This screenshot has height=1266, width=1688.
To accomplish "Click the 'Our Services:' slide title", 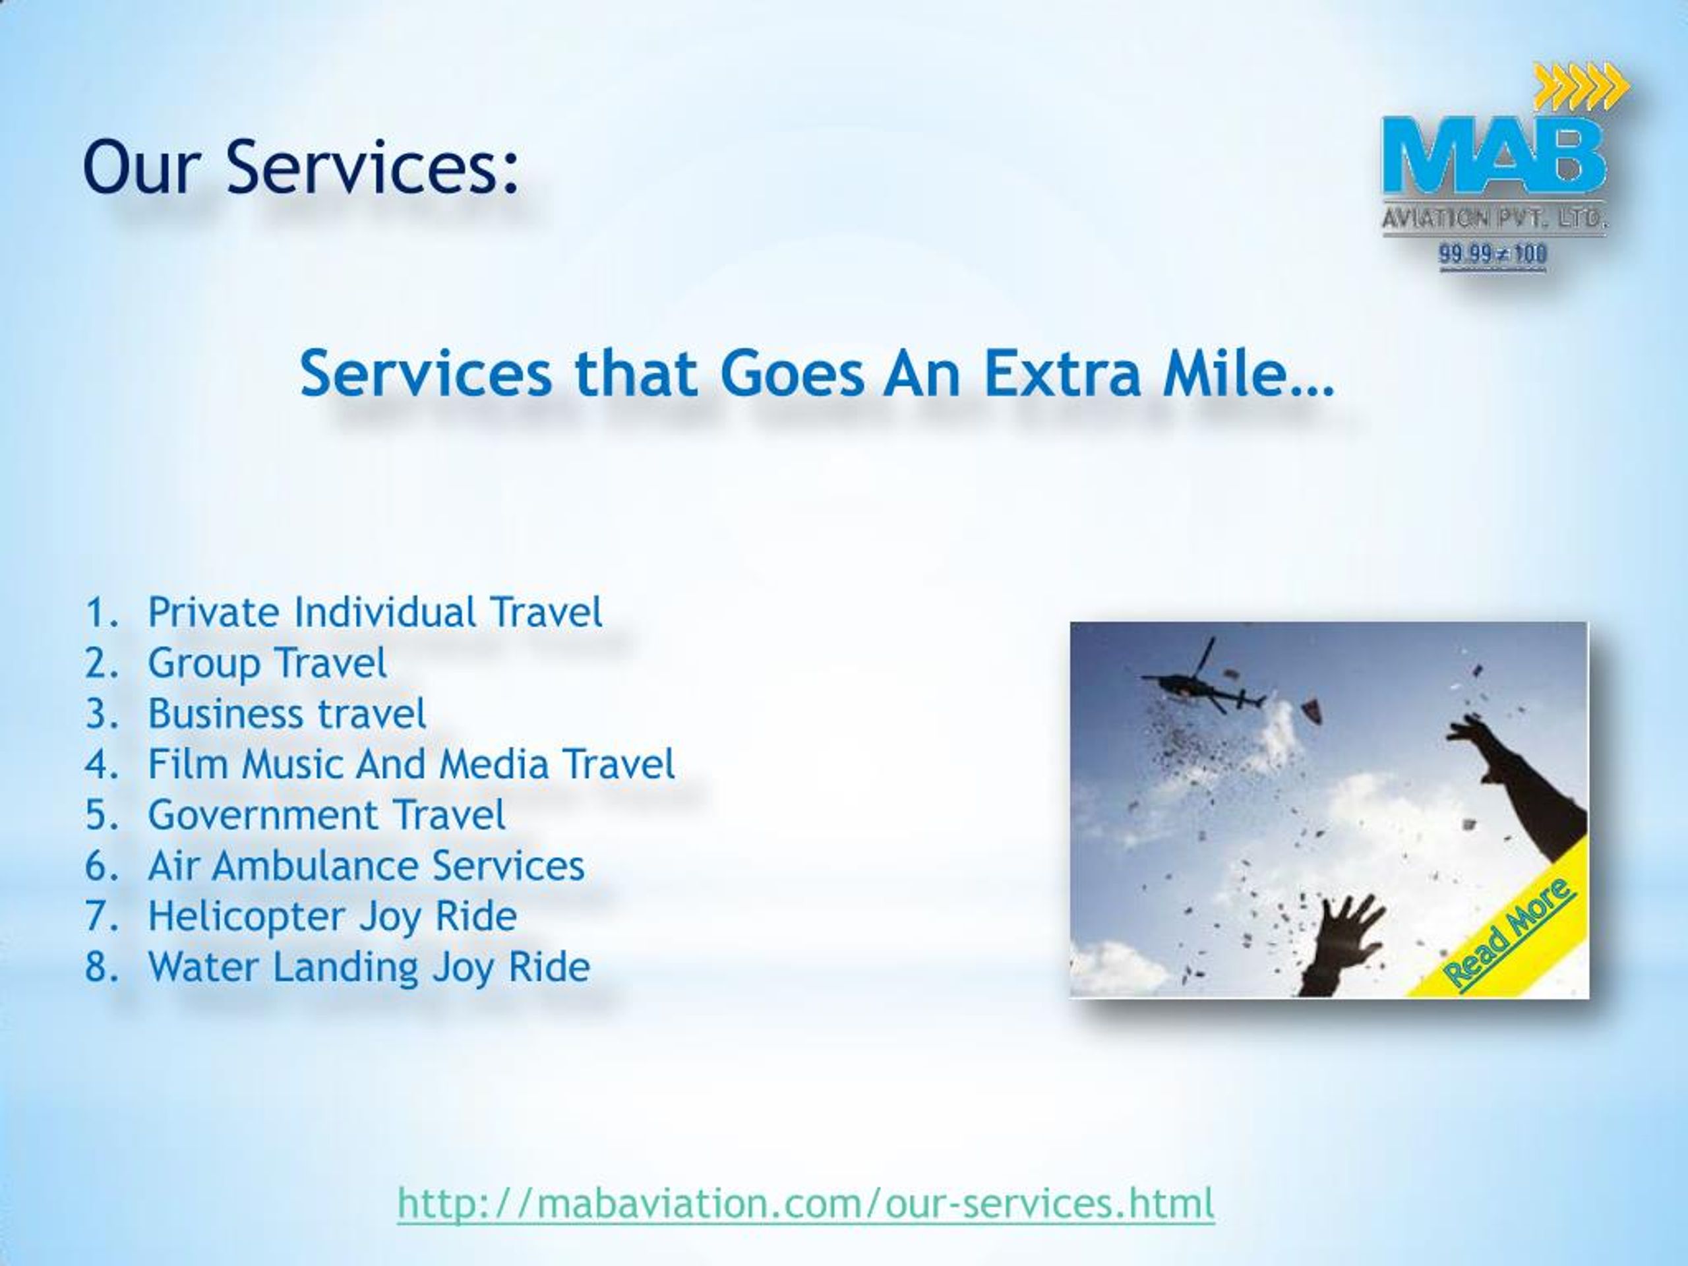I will tap(301, 166).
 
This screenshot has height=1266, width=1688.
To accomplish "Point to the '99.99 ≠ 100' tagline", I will tap(1493, 253).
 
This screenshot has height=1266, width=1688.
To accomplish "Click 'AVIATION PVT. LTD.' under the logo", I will tap(1494, 219).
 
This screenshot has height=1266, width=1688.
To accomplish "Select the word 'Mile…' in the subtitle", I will tap(1248, 374).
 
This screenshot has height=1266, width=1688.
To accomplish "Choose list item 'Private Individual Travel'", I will tap(374, 612).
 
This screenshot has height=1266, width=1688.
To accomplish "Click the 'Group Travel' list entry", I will tap(267, 663).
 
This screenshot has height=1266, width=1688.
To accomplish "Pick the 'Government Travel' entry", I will tap(326, 815).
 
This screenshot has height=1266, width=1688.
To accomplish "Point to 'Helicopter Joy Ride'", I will tap(332, 917).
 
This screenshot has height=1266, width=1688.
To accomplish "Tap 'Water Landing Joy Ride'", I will tap(369, 967).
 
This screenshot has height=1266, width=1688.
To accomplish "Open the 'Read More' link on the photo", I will tap(1509, 936).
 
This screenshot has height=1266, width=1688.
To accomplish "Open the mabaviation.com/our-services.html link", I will tap(805, 1203).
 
